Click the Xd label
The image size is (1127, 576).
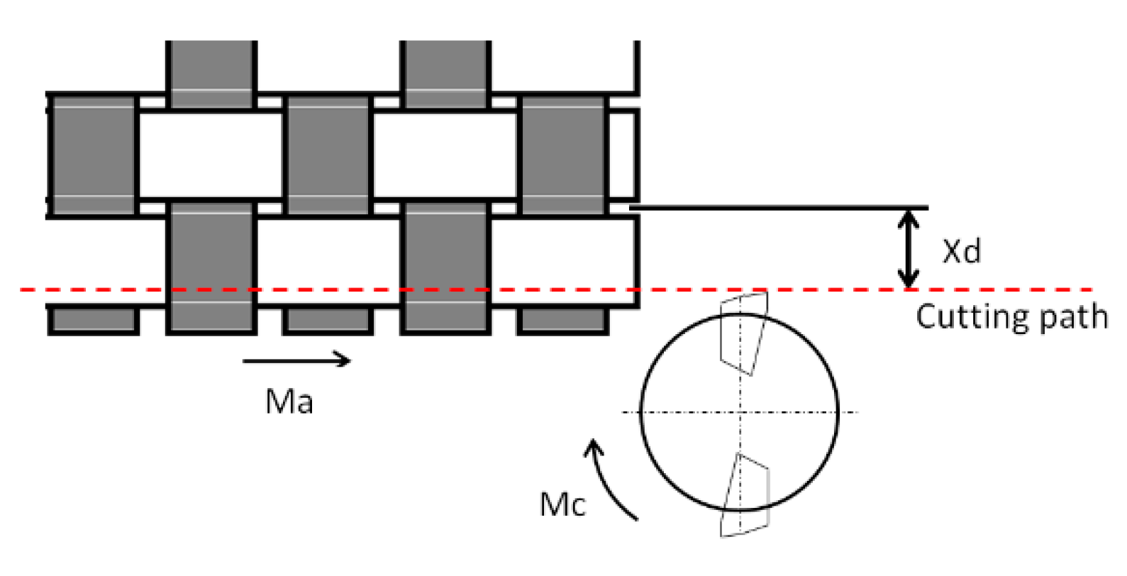[961, 251]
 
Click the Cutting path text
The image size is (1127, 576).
[1011, 316]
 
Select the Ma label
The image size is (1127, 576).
[289, 401]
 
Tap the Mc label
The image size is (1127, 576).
[562, 505]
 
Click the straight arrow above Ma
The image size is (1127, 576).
[296, 360]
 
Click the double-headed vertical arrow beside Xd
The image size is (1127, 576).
[909, 249]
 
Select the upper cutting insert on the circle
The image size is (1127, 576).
[743, 332]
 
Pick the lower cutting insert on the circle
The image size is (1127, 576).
[745, 495]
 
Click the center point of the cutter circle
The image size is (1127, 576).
[740, 412]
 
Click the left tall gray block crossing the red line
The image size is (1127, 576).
[211, 267]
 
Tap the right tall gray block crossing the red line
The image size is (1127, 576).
[445, 267]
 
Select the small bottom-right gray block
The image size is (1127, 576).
[563, 320]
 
